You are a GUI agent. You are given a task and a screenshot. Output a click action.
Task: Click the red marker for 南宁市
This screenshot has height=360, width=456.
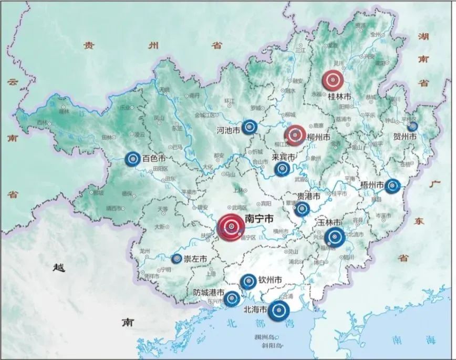click(231, 227)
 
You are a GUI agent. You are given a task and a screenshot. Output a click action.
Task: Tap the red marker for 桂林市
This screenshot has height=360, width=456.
click(333, 80)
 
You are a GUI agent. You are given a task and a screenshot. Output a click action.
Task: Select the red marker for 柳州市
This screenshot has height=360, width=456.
click(295, 135)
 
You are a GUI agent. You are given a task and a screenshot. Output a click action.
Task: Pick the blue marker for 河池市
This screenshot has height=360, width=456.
click(250, 127)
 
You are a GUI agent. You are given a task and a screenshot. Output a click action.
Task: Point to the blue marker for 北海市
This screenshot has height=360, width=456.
click(279, 311)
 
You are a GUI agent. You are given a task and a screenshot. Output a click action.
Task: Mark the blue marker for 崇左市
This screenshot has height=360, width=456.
click(177, 259)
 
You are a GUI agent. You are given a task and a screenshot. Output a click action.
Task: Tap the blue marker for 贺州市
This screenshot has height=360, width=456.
click(412, 126)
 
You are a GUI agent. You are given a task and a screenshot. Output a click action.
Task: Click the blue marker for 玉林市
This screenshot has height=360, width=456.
click(334, 238)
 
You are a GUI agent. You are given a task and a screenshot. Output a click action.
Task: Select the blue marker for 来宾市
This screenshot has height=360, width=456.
click(282, 169)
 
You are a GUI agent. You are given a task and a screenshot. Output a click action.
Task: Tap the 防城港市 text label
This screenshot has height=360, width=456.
click(209, 293)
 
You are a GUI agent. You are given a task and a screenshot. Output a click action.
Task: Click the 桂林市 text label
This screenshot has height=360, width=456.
click(339, 97)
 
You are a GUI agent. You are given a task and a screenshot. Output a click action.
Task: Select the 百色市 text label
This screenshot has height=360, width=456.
click(154, 158)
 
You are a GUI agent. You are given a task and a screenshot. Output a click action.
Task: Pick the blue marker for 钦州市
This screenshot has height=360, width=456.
click(248, 282)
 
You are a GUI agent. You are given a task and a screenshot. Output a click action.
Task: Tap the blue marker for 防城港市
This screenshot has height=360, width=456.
click(232, 299)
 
